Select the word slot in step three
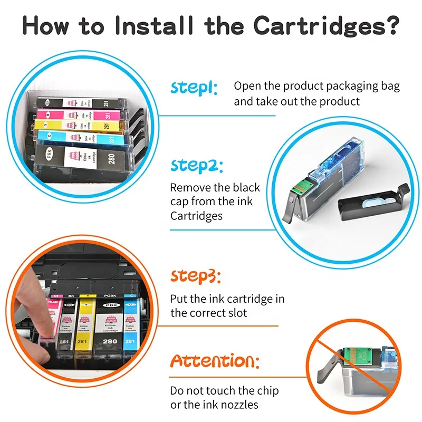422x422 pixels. [236, 313]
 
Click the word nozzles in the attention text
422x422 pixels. [241, 405]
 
